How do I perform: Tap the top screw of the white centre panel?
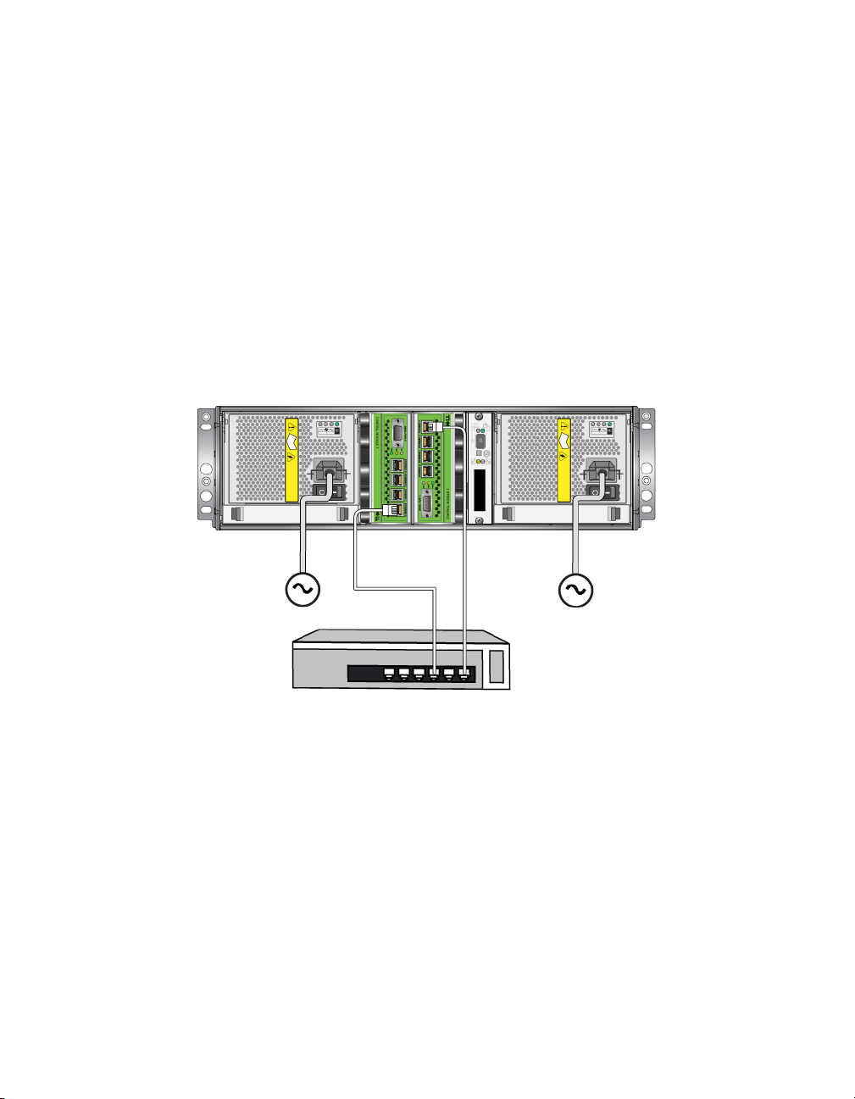click(x=480, y=418)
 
